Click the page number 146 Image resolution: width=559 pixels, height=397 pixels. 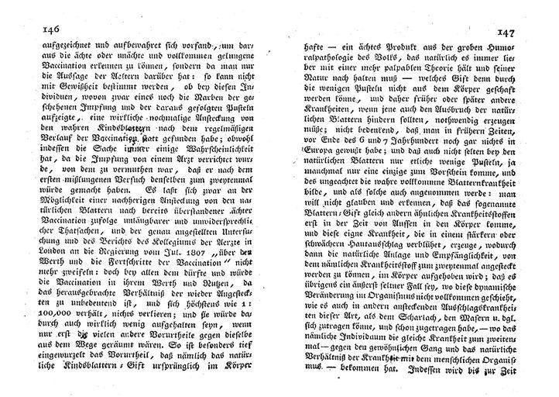34,30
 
